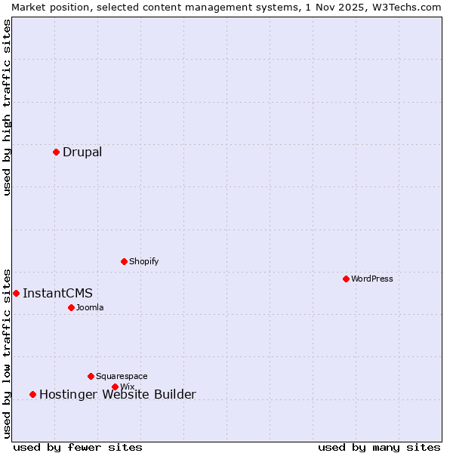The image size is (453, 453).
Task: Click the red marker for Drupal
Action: (x=56, y=152)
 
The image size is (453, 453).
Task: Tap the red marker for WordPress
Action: (x=346, y=279)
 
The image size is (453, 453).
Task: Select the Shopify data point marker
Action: (x=124, y=261)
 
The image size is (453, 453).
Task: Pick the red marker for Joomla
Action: (x=71, y=307)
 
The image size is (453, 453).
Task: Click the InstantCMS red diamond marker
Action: (x=16, y=293)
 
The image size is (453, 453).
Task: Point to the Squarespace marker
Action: (x=91, y=376)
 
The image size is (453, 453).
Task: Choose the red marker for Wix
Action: (x=115, y=387)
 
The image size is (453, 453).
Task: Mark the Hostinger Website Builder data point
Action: (x=32, y=394)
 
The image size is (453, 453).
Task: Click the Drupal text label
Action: (x=82, y=152)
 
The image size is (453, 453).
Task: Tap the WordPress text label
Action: (x=372, y=279)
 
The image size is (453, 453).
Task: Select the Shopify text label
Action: (x=144, y=261)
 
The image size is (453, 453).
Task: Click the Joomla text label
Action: (x=90, y=307)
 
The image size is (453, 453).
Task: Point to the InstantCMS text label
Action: (x=57, y=293)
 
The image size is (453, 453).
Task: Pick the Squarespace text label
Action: (x=122, y=376)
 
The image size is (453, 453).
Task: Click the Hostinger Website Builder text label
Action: (x=117, y=394)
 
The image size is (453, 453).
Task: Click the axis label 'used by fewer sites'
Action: (x=78, y=447)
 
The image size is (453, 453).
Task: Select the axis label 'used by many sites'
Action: (x=379, y=447)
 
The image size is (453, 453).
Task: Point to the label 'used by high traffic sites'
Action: (x=7, y=107)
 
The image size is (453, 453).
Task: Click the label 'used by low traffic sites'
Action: (x=7, y=353)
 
